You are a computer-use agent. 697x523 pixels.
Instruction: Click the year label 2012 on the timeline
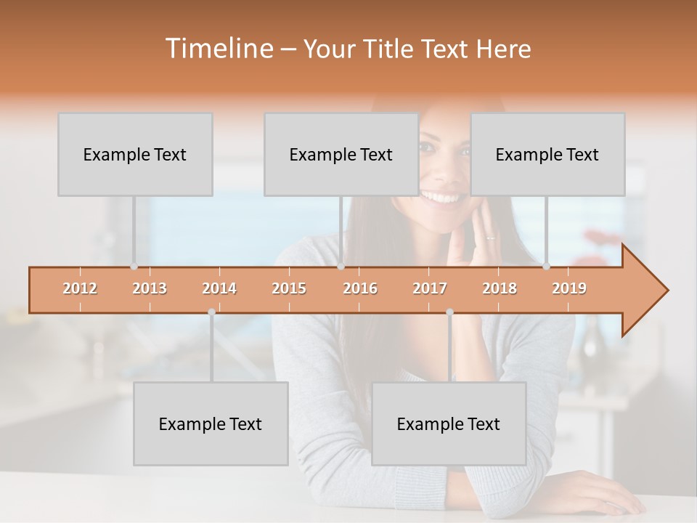(80, 288)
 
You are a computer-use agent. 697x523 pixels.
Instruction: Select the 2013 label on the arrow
(150, 288)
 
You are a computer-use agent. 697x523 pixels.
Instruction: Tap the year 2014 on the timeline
(219, 288)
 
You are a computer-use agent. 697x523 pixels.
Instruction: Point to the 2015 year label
(289, 288)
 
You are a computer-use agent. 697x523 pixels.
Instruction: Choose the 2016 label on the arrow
(360, 288)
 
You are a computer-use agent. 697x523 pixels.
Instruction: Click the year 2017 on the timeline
(430, 288)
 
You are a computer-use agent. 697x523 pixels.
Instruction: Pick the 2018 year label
(500, 288)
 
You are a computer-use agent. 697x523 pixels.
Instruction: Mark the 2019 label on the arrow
(569, 288)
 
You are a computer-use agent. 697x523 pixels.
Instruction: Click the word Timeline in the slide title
(219, 49)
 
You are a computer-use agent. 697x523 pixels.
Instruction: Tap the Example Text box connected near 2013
(135, 154)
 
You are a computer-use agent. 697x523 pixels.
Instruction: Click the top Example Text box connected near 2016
(341, 154)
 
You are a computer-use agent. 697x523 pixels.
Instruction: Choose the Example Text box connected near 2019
(547, 154)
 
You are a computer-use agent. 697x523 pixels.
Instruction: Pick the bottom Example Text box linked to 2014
(211, 423)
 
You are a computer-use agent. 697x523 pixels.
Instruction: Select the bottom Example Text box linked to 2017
(449, 423)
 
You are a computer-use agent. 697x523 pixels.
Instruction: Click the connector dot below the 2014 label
(211, 312)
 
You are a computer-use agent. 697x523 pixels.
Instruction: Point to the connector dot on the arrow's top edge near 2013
(134, 267)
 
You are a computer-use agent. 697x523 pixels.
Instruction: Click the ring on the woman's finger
(491, 238)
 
